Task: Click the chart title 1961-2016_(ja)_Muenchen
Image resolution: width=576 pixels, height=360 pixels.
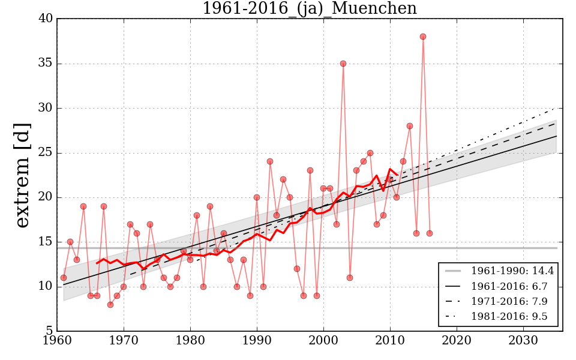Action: click(309, 8)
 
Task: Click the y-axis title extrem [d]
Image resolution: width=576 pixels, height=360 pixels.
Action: click(22, 175)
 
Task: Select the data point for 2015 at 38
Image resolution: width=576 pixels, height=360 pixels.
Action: click(423, 37)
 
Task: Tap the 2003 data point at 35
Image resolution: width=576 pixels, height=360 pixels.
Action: click(343, 64)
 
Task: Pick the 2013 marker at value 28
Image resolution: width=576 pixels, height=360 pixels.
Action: click(410, 126)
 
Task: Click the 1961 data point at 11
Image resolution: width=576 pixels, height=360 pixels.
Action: click(64, 278)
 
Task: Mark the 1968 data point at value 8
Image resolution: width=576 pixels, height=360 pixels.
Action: click(110, 305)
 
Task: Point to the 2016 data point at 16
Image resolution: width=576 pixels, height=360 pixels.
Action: click(430, 233)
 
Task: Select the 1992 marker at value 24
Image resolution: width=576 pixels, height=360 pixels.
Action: click(270, 161)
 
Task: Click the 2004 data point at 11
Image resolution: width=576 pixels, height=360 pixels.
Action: click(350, 278)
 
